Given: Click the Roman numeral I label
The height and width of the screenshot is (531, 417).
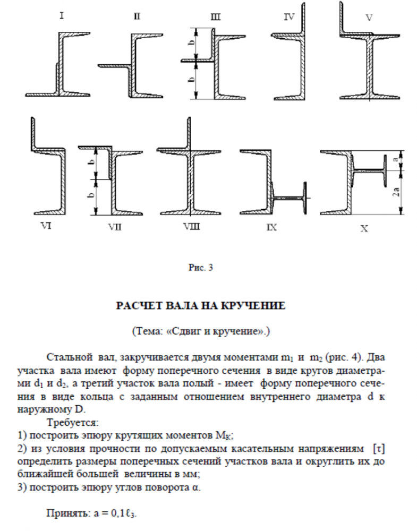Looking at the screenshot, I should [62, 16].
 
